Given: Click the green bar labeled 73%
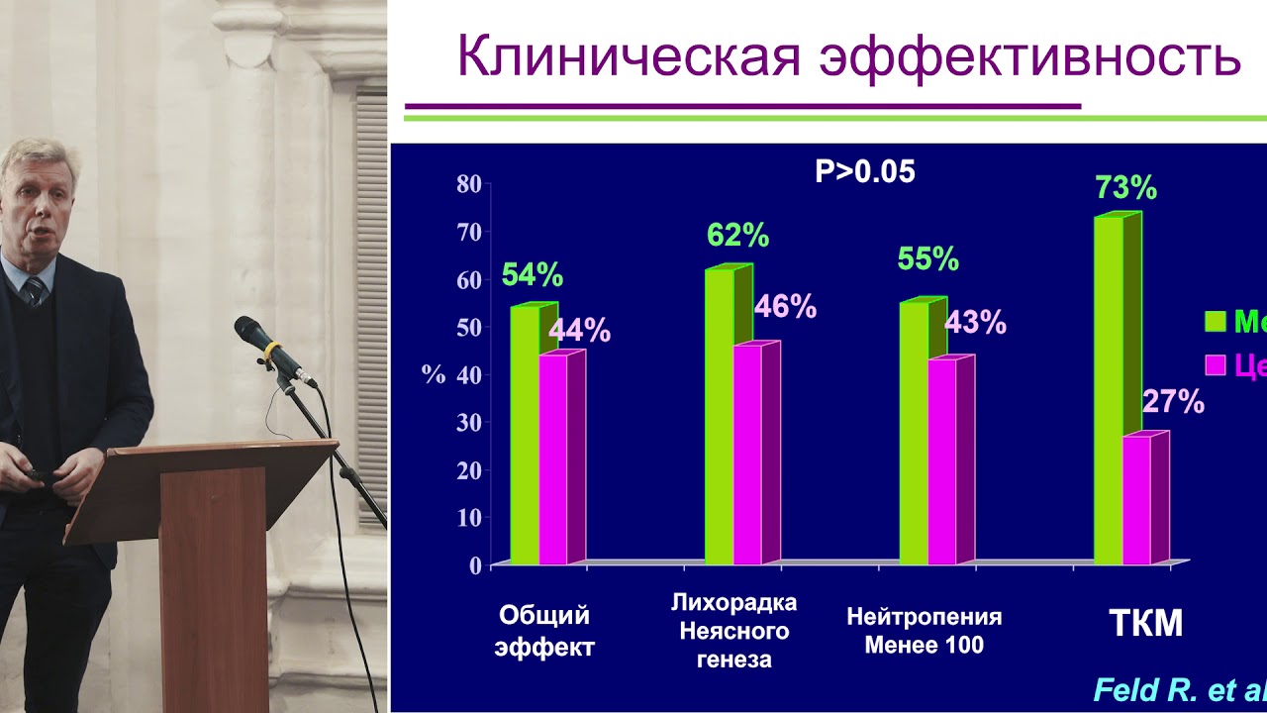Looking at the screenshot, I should [x=1109, y=391].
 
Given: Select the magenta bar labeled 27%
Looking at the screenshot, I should [x=1136, y=500].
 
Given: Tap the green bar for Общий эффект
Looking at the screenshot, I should [x=525, y=436].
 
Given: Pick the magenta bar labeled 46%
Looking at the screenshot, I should [x=747, y=456].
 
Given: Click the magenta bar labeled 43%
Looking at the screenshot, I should [x=942, y=461].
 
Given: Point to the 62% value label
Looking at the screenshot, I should [x=737, y=236].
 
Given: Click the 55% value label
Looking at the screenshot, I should [x=927, y=259].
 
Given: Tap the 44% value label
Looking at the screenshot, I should [x=579, y=331].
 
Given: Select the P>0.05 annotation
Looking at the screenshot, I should [x=864, y=172].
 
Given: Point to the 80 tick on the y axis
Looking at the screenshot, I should [x=468, y=184].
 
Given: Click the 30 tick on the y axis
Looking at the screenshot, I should [x=468, y=423].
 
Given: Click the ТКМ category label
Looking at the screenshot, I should [x=1145, y=624].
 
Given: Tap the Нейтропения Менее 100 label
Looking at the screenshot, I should [x=924, y=631].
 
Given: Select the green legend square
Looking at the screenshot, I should [x=1215, y=322].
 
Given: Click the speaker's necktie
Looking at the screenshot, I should [x=36, y=291].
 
